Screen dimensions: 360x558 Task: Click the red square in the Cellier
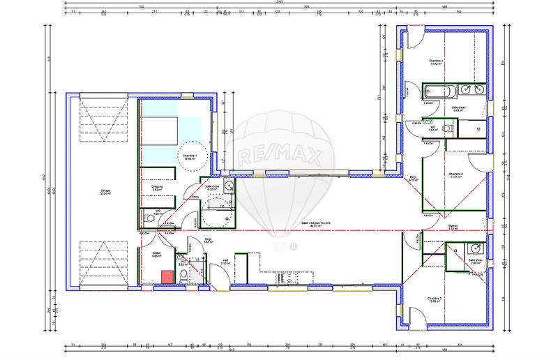[x=167, y=276]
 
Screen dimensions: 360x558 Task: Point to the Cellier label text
[x=157, y=254]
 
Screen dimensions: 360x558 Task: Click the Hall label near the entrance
[x=225, y=262]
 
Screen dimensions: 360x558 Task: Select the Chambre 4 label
[x=437, y=62]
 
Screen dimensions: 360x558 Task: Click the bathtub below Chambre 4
[x=439, y=91]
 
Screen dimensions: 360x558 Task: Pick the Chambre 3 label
[x=456, y=175]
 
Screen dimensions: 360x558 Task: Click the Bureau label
[x=453, y=227]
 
